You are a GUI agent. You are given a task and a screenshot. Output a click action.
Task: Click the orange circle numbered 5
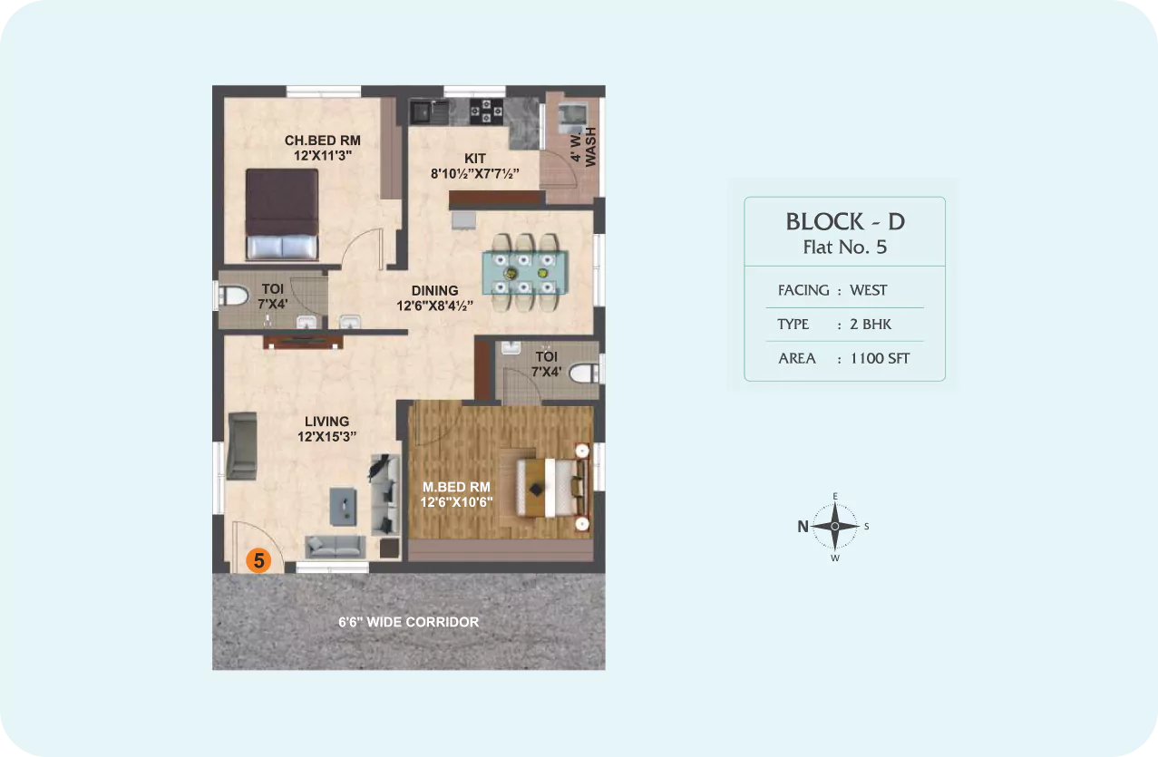[x=258, y=560]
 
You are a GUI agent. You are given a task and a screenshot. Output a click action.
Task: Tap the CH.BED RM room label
[x=323, y=141]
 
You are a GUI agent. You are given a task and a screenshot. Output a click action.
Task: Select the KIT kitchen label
[x=474, y=159]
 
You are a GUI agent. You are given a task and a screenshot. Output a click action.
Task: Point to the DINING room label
[x=434, y=290]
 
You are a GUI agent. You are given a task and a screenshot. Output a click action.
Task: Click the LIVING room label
[x=326, y=422]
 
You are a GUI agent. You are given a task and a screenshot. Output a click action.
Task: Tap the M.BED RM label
[x=456, y=487]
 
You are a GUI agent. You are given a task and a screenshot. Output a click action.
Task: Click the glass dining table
[x=525, y=273]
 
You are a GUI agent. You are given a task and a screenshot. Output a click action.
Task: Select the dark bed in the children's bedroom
[x=282, y=214]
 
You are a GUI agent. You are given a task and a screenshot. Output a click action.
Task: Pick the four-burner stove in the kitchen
[x=486, y=112]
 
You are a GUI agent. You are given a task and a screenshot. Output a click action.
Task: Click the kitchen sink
[x=429, y=112]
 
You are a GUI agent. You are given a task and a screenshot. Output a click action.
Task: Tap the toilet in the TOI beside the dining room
[x=234, y=296]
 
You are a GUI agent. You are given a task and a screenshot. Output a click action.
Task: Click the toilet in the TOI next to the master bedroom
[x=585, y=374]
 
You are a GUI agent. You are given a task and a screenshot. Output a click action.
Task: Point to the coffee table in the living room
[x=343, y=507]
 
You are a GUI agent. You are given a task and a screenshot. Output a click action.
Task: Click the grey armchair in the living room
[x=242, y=446]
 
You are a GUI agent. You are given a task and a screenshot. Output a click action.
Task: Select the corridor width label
[x=408, y=622]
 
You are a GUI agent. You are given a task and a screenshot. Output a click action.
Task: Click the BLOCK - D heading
[x=845, y=222]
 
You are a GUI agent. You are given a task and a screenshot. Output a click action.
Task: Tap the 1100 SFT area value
[x=880, y=358]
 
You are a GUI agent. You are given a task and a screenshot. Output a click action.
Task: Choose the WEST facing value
[x=869, y=290]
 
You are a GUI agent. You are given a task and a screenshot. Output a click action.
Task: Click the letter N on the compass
[x=803, y=527]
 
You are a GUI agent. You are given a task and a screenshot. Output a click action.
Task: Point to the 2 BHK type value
[x=871, y=324]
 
